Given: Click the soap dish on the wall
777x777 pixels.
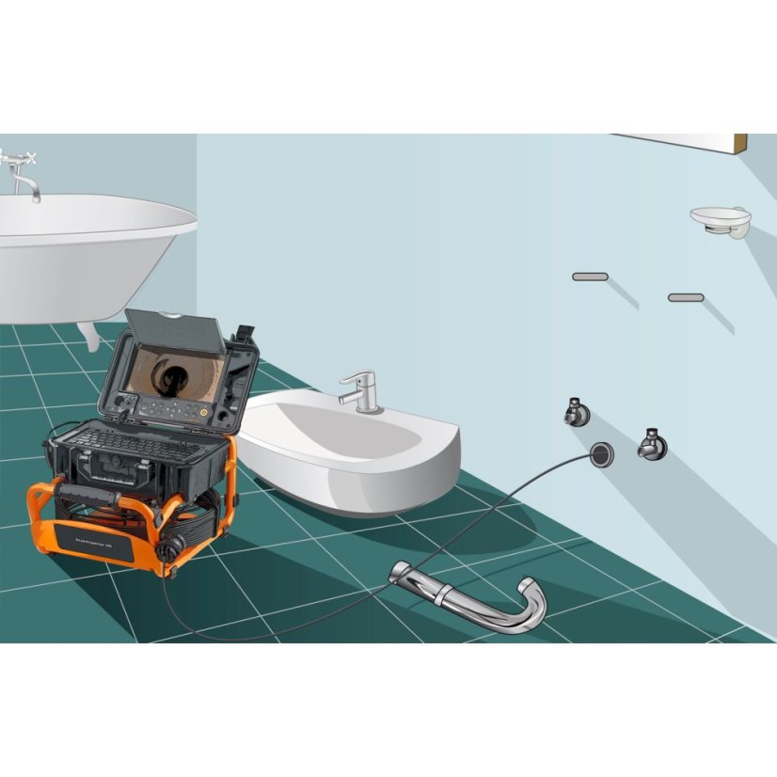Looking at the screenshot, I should (721, 218).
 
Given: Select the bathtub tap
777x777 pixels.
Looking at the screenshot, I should (23, 175).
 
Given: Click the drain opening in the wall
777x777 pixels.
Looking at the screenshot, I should (601, 452).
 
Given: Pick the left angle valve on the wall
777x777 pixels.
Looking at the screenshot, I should (575, 411).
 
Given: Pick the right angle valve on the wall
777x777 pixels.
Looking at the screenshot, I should (649, 442).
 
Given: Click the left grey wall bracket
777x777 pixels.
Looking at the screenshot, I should (590, 277).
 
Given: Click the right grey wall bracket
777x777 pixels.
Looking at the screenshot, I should (686, 297).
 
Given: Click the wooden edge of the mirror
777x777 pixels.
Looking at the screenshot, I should (740, 145).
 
